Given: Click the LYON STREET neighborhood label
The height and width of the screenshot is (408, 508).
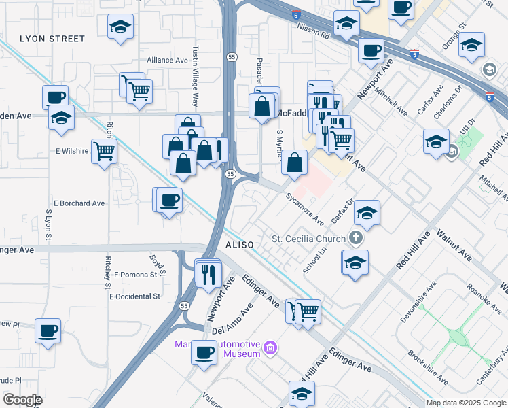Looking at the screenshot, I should click(x=52, y=39).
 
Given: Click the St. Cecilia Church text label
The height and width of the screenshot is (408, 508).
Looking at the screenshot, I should click(x=308, y=239).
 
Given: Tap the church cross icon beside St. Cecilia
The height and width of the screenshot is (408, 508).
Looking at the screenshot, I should click(x=355, y=238).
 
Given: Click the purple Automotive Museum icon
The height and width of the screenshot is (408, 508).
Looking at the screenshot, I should click(x=270, y=349).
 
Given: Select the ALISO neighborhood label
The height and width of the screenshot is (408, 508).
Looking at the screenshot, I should click(x=238, y=243).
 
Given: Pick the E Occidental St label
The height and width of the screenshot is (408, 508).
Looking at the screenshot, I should click(x=137, y=296).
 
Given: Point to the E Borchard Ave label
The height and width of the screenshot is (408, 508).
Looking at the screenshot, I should click(x=80, y=203).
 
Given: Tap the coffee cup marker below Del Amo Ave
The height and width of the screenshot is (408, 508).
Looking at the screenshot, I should click(x=204, y=352).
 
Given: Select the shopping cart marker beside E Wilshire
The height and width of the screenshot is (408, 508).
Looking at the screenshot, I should click(x=104, y=150).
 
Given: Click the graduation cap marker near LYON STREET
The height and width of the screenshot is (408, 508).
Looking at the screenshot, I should click(x=121, y=27).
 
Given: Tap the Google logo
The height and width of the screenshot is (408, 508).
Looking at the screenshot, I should click(x=22, y=400).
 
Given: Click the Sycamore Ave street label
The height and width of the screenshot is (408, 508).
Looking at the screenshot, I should click(x=304, y=209).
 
